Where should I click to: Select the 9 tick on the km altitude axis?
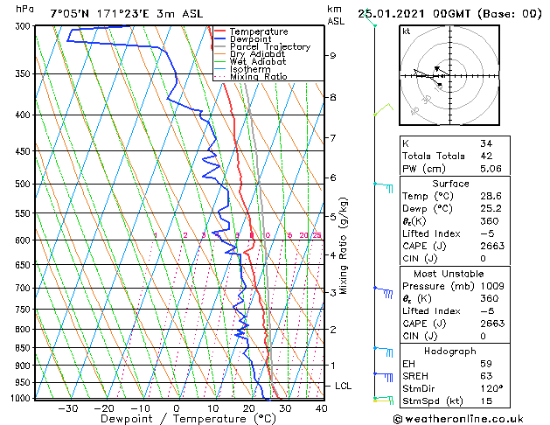[x=333, y=55]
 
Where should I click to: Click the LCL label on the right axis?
[x=345, y=386]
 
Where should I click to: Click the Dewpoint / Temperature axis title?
[x=175, y=420]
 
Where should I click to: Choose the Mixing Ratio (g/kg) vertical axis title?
[x=344, y=246]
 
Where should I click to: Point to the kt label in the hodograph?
[x=407, y=31]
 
